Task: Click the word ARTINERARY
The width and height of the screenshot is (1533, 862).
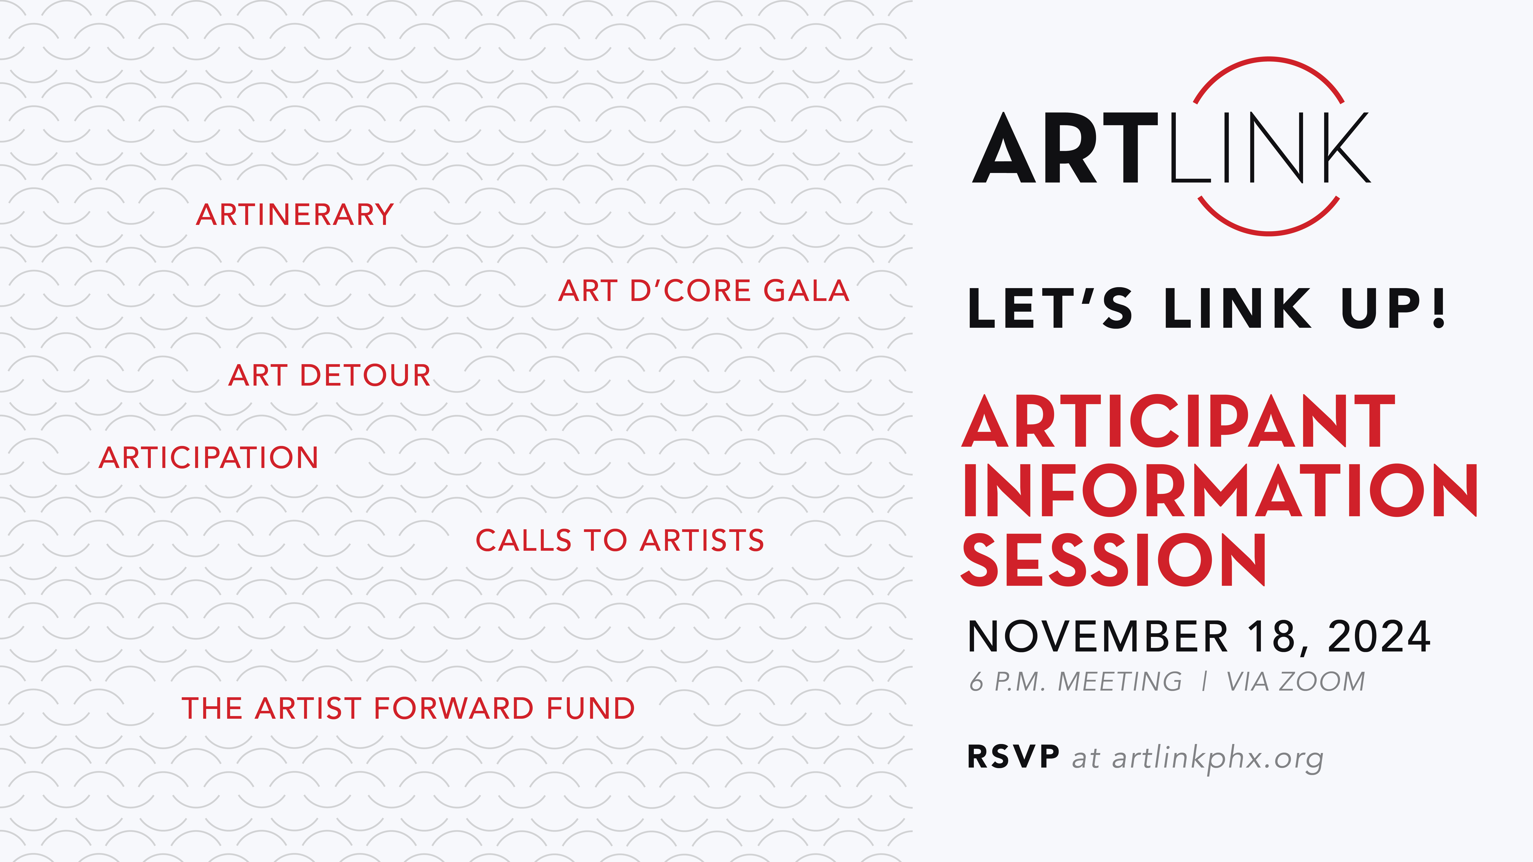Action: tap(295, 215)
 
